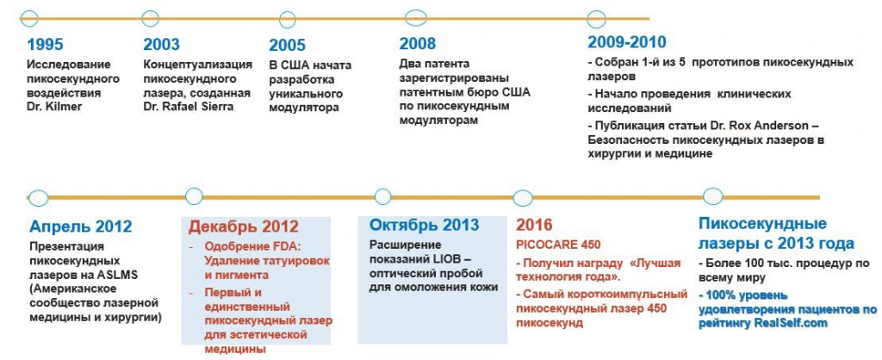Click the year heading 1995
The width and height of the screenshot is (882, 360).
coord(45,45)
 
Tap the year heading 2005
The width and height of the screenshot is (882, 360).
coord(287,46)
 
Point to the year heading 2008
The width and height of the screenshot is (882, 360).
coord(418,44)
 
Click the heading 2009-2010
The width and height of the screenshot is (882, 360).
coord(626,42)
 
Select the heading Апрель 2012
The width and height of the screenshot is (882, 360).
coord(80,227)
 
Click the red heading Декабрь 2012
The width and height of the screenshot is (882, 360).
coord(244,227)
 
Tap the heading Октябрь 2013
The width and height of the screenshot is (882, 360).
coord(425,226)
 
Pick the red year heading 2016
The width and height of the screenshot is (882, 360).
coord(534,226)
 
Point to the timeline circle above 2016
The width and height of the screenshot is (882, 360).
coord(522,196)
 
